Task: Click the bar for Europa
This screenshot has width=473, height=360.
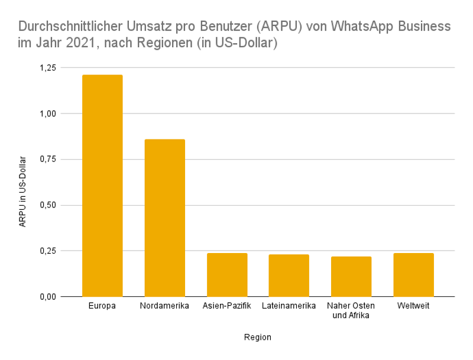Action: point(102,186)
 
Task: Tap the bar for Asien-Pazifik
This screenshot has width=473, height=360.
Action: point(227,275)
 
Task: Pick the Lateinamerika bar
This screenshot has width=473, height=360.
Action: point(289,275)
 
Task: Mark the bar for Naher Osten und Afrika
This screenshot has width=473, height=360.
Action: point(351,277)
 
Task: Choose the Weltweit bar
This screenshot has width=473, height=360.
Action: point(413,275)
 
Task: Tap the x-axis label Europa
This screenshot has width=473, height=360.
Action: point(102,306)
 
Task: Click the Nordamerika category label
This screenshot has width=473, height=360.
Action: point(165,306)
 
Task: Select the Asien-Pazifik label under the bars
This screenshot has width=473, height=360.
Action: point(227,306)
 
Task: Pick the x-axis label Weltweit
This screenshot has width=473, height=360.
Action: point(413,306)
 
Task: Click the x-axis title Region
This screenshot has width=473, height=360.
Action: point(258,338)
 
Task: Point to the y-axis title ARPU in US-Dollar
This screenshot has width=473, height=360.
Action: point(22,192)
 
